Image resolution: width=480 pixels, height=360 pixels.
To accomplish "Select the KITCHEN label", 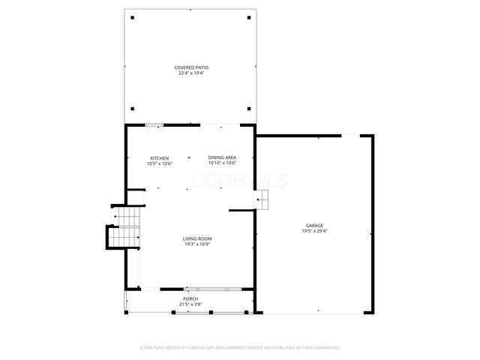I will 159,158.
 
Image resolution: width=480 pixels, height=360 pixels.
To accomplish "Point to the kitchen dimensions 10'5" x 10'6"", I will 159,163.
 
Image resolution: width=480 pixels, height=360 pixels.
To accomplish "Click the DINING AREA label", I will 222,158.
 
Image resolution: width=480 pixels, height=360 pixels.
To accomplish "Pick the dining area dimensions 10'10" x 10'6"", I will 222,163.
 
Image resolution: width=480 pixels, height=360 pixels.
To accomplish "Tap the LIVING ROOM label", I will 197,238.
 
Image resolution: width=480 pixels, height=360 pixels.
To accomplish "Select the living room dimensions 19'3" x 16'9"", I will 197,244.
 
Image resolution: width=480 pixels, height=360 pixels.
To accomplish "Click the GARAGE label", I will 314,226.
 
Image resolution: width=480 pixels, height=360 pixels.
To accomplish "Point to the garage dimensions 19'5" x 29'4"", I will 314,231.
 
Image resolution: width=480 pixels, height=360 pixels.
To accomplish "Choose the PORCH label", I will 190,298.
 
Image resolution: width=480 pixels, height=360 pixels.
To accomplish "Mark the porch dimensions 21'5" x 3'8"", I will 190,304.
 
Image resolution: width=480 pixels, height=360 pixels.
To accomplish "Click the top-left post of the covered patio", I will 133,17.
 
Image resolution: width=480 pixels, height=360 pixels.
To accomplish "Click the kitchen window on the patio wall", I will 154,125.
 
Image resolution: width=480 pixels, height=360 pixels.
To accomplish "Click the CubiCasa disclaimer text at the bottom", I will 240,347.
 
